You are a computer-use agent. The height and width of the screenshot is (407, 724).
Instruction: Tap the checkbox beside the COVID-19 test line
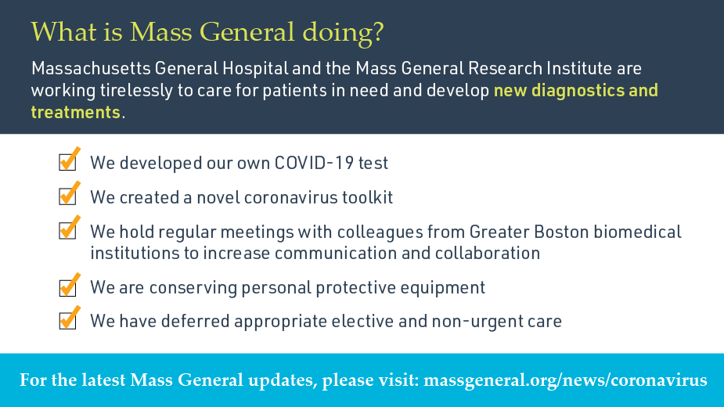(x=68, y=163)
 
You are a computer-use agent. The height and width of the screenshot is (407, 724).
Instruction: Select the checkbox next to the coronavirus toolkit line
(x=68, y=196)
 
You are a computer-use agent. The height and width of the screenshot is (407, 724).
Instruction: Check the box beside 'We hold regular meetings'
(x=68, y=231)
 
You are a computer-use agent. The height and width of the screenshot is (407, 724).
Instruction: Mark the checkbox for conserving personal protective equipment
(x=68, y=287)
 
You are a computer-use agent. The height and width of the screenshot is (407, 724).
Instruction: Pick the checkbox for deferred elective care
(x=68, y=321)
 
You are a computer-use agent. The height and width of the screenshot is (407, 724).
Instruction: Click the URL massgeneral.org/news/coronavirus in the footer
(x=565, y=380)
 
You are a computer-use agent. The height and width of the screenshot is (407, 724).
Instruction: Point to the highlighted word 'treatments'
(x=76, y=112)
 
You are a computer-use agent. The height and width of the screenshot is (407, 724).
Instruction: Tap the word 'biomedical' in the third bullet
(x=645, y=232)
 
